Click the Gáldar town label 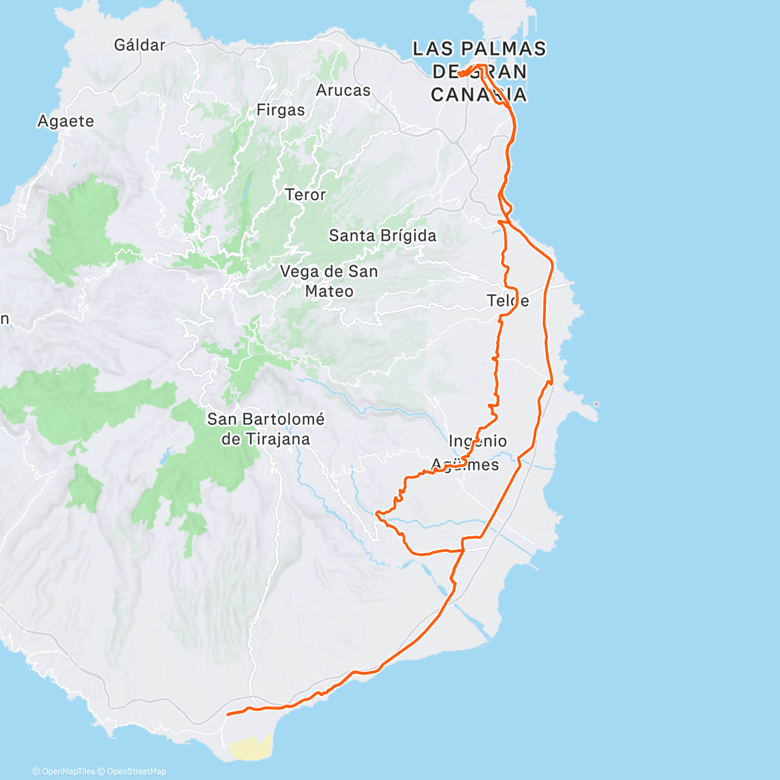[x=140, y=45]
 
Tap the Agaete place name [x=66, y=121]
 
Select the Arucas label [x=343, y=90]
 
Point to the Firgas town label [x=281, y=110]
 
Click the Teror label [x=305, y=194]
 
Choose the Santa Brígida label [x=382, y=235]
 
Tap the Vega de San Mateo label [x=329, y=281]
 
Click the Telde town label [x=508, y=300]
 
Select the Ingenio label [x=478, y=441]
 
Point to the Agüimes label [x=465, y=465]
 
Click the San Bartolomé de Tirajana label [x=266, y=429]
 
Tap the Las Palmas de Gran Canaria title [x=480, y=71]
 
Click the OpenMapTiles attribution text [x=64, y=772]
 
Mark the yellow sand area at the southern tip [x=251, y=748]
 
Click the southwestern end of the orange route [x=227, y=714]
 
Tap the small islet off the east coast [x=596, y=405]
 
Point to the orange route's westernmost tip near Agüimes [x=377, y=513]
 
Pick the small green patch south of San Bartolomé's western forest [x=84, y=487]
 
